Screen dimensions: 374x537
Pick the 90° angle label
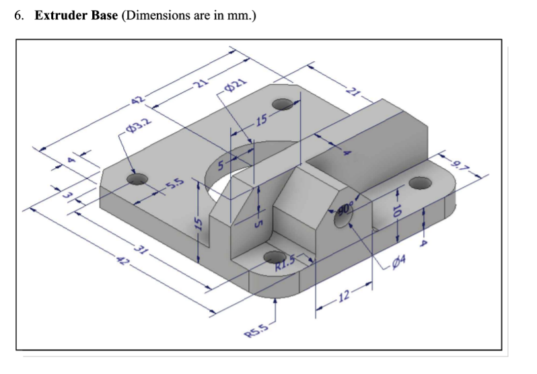click(345, 209)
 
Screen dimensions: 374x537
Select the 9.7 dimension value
click(461, 163)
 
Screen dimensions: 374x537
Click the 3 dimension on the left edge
click(67, 195)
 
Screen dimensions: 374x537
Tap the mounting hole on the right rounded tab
click(419, 182)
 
